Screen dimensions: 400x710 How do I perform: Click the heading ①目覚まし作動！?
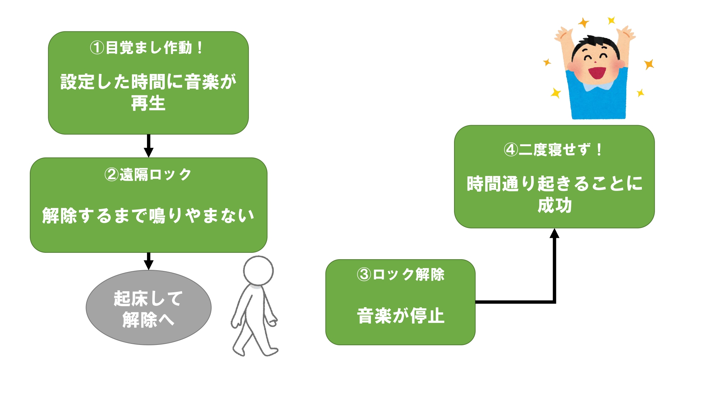point(146,48)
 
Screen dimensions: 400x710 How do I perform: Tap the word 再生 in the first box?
point(148,103)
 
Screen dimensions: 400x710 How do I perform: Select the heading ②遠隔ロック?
point(148,175)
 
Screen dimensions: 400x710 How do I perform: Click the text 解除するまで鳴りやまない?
point(148,215)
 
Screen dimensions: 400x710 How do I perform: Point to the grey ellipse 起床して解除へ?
point(148,308)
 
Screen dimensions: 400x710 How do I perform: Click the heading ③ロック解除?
point(400,274)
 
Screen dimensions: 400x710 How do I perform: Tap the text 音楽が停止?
point(400,316)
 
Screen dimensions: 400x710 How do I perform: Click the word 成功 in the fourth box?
point(554,205)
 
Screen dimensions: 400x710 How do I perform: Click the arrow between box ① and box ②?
point(148,146)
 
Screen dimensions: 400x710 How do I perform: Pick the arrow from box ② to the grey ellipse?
point(148,261)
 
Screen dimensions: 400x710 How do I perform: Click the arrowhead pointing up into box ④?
point(554,234)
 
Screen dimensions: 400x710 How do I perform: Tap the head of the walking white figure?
point(258,270)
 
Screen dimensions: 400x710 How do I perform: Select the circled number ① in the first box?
point(97,48)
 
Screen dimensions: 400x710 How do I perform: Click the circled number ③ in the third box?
point(364,274)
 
